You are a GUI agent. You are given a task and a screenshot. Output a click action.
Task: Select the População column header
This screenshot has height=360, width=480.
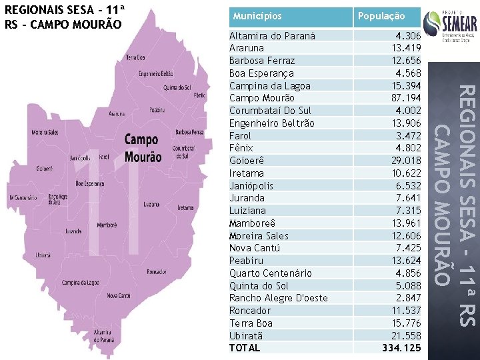coord(381,16)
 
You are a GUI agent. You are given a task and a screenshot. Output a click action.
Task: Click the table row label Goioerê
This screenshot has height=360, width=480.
coord(247,161)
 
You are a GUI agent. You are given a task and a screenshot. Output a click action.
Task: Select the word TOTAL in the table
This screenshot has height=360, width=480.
coord(244,348)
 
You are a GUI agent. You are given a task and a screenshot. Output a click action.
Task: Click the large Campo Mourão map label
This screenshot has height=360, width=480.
coord(143,148)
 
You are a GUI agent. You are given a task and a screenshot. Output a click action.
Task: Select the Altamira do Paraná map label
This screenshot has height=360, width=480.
coord(102,335)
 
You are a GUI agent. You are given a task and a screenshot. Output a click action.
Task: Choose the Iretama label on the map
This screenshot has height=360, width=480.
coord(185,208)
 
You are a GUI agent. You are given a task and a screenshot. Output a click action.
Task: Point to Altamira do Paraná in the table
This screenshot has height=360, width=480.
coord(272,35)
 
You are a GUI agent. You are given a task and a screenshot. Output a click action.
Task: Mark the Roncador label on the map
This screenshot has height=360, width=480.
coord(157,271)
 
